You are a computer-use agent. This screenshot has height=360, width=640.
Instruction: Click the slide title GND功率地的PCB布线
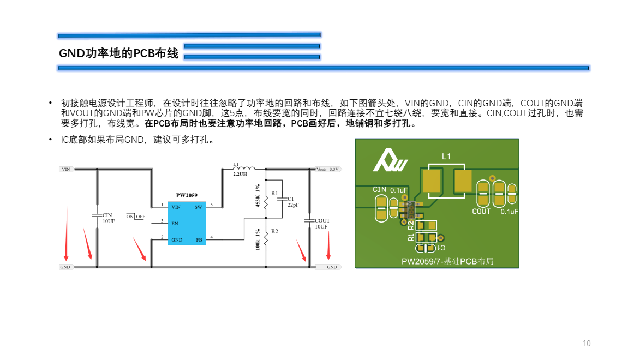pos(118,53)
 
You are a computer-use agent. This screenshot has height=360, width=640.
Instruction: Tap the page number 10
pos(587,344)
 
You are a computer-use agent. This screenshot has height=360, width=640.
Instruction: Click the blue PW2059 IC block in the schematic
pos(187,223)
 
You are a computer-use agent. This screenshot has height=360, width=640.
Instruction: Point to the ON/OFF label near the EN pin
pos(136,216)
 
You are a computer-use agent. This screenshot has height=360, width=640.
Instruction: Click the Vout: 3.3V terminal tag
pos(328,169)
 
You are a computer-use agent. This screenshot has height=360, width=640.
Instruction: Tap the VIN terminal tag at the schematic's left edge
pos(66,169)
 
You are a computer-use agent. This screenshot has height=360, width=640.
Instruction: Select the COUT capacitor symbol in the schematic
pos(309,221)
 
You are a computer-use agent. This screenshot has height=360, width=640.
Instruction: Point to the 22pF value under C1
pos(293,205)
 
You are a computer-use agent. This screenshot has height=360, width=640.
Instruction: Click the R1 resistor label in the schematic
pos(274,194)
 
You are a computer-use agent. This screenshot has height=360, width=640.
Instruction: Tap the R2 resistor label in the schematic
pos(274,232)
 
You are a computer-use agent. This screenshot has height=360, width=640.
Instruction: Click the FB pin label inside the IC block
pos(199,239)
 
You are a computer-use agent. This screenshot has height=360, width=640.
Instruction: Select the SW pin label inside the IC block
pos(198,207)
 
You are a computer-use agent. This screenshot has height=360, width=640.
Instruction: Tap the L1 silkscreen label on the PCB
pos(446,157)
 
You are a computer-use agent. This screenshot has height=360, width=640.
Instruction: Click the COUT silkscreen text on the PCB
pos(481,212)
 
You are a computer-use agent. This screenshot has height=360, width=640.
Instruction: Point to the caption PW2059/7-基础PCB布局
pos(447,261)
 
